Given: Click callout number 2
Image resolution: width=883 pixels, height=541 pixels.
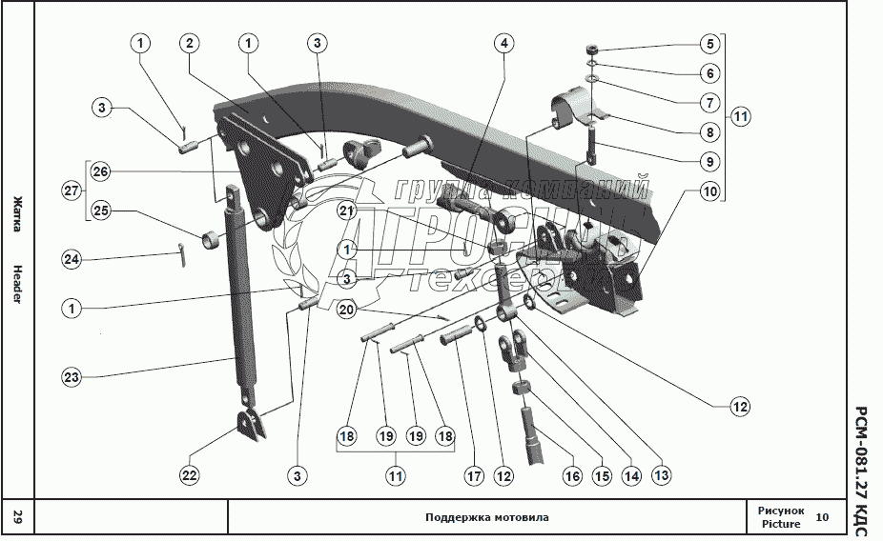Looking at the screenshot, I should pos(191,43).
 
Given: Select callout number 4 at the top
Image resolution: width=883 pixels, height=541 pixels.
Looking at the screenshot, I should pos(503,43).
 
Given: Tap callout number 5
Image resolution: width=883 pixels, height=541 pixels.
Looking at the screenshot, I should pos(708,43).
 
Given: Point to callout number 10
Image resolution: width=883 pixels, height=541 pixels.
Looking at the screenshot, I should pos(708,191).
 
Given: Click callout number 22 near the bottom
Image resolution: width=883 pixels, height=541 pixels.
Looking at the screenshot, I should pos(190,473).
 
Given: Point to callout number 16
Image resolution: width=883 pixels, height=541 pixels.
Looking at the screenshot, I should pos(572,473).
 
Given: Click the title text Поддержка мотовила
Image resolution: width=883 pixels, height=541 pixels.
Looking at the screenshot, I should pos(486,518).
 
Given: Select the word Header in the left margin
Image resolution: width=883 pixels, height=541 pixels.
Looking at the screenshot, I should pos(17,284).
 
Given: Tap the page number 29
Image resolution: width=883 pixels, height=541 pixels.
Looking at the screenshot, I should pos(17,518).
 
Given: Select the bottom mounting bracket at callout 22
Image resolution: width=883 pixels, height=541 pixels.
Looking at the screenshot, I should pos(251,426).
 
